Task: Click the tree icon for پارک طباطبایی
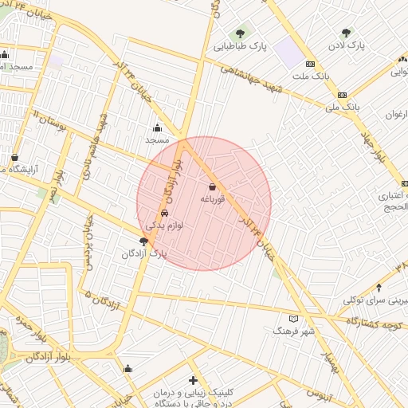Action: tap(240, 33)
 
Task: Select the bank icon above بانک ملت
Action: tap(309, 65)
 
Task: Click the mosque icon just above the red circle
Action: tap(157, 127)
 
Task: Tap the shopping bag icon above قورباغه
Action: tap(211, 186)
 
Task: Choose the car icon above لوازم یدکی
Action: tap(164, 214)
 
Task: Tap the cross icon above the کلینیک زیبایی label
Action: tap(193, 381)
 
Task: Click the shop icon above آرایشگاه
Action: tap(15, 158)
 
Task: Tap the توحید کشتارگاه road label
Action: tap(375, 323)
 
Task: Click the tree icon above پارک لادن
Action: tap(345, 33)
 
